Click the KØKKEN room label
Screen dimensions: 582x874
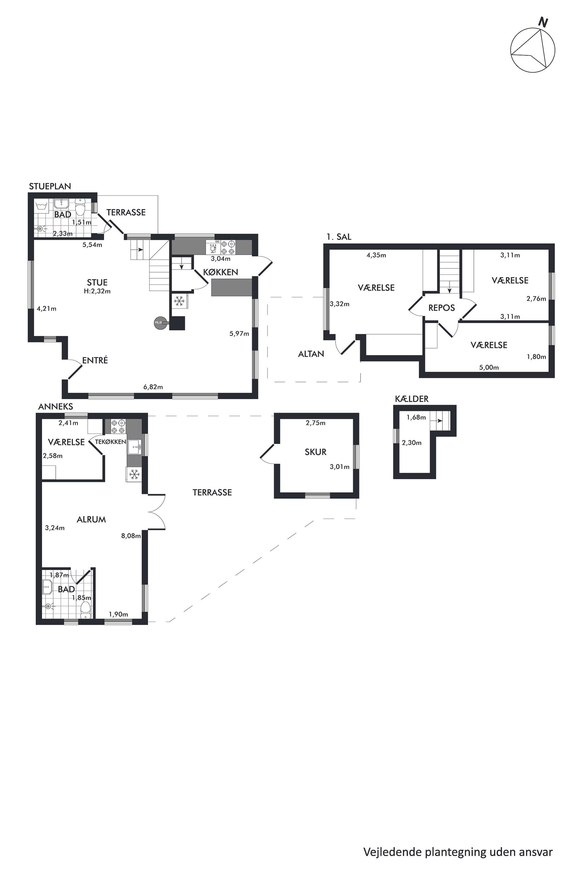[221, 272]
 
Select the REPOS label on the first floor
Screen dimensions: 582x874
[441, 308]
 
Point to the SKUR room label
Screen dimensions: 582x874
[316, 452]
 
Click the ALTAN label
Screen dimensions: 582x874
[311, 354]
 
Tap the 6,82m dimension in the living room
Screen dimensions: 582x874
[153, 387]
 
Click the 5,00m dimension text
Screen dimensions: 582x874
[489, 367]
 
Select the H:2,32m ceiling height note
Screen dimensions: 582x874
[97, 291]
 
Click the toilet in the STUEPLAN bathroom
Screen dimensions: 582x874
[80, 207]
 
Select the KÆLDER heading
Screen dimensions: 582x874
[412, 399]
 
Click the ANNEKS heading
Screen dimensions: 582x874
[56, 406]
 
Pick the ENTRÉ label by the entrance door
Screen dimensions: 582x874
[95, 360]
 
